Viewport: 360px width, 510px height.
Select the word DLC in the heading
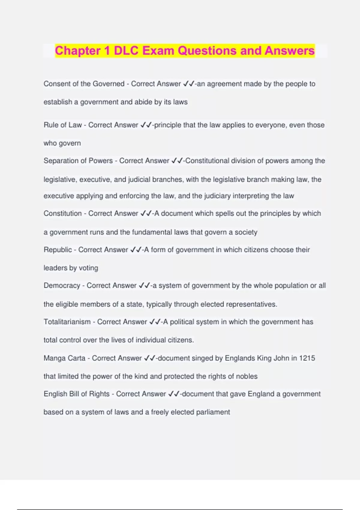point(126,51)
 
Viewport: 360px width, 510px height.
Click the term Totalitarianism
point(67,322)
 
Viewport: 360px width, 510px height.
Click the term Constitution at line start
point(62,213)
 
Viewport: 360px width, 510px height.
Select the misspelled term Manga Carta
point(64,358)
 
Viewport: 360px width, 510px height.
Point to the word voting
point(88,268)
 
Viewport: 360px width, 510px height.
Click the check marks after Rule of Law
point(146,125)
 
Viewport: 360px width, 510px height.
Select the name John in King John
point(281,358)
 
